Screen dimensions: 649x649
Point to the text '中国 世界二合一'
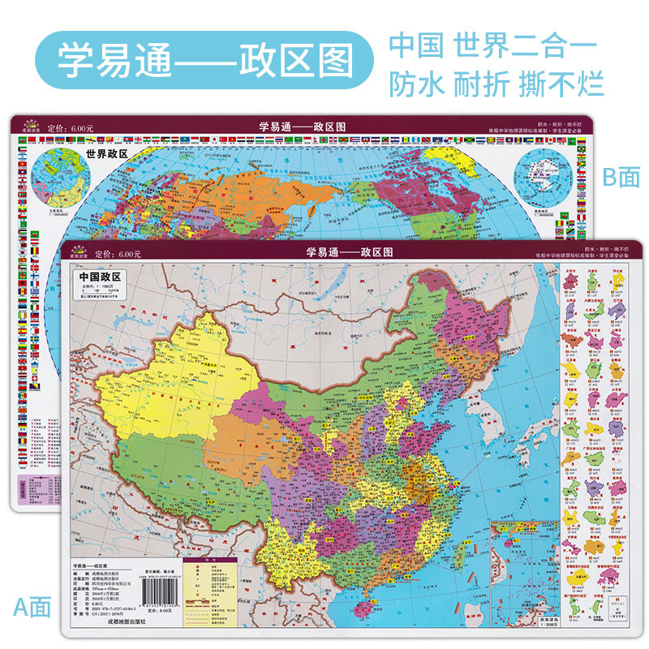click(493, 45)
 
